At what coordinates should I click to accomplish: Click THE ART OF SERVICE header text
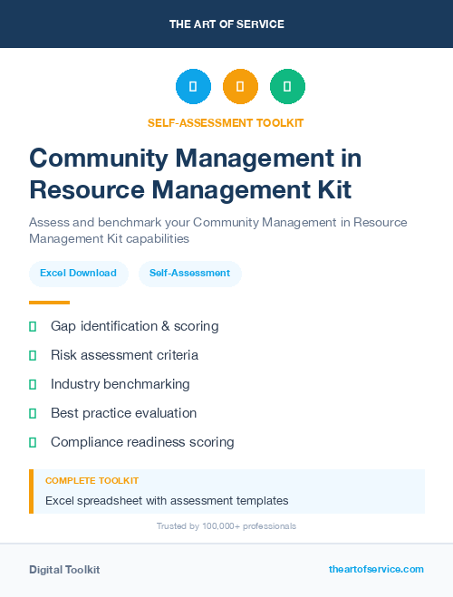[x=226, y=24]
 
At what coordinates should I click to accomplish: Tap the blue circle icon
[x=193, y=87]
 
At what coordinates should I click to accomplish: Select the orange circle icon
[x=240, y=87]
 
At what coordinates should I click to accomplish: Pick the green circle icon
[x=287, y=87]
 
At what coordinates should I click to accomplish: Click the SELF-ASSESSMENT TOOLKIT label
[x=226, y=122]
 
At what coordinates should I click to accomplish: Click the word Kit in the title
[x=327, y=189]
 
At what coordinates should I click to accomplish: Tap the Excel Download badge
[x=78, y=273]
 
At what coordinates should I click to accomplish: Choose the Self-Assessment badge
[x=189, y=273]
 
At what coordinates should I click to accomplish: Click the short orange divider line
[x=49, y=303]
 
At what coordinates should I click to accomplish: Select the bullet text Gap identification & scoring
[x=134, y=326]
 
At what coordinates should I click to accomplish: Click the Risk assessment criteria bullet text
[x=124, y=355]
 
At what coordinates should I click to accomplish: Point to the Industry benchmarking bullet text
[x=120, y=384]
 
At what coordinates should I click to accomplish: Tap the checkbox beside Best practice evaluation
[x=33, y=413]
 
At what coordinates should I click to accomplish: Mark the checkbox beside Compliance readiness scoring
[x=33, y=442]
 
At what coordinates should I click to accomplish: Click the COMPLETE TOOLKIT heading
[x=92, y=480]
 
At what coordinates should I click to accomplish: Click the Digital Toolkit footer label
[x=64, y=570]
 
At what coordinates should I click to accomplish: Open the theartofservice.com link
[x=376, y=569]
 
